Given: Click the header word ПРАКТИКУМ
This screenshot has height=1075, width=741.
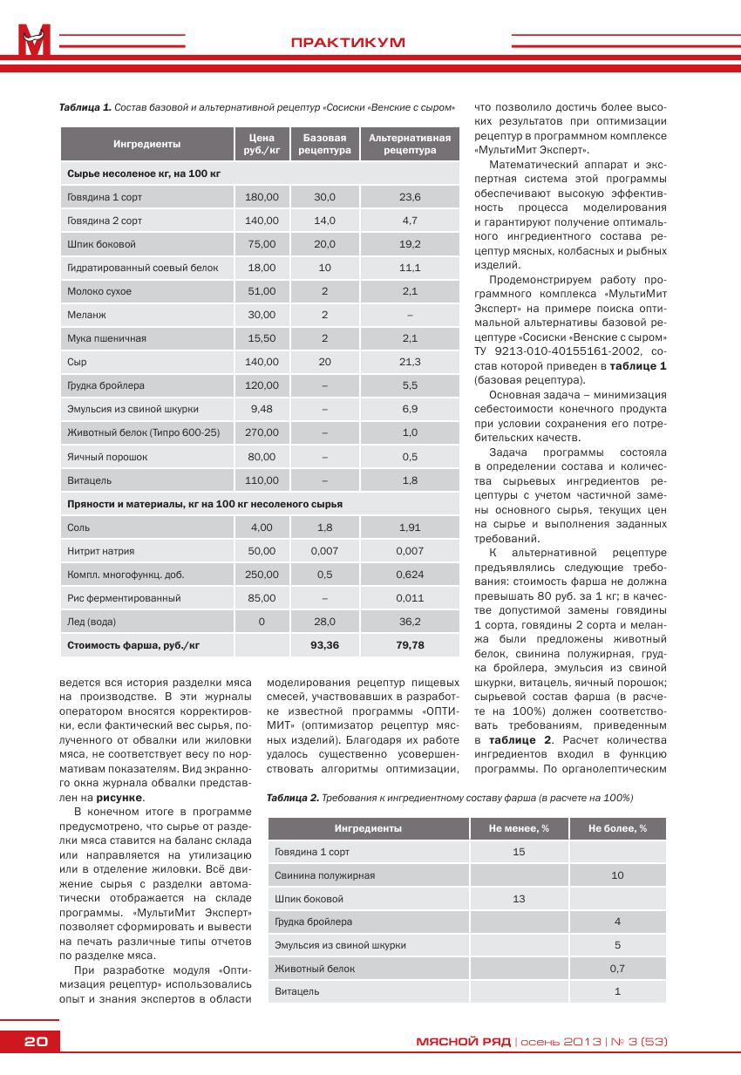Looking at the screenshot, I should pos(348,43).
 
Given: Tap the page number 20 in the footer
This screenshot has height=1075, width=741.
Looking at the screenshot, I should pos(36,1042).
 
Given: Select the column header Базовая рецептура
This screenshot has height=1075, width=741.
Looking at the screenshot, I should pos(324,144).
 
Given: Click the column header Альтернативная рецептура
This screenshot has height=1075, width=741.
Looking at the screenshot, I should pos(410,144).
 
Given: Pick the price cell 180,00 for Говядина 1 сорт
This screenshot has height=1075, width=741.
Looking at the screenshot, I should pos(262,197).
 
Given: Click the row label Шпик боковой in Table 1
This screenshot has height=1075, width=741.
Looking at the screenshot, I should pos(101,244).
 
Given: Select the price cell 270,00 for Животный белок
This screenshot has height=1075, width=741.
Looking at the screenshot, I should pos(262,432).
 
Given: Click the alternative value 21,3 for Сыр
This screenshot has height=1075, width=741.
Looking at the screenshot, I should pos(410,362).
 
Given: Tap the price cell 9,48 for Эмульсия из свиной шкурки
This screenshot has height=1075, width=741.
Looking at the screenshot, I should pos(262,409).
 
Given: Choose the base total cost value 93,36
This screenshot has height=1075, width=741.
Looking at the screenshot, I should pos(324,645).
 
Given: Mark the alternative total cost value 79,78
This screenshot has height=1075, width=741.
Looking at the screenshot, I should pos(410,645).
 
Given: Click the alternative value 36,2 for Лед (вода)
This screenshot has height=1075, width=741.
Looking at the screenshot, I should pos(410,622).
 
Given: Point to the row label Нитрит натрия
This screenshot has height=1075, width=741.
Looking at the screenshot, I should pos(101,551).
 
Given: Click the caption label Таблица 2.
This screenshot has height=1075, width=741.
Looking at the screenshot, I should pos(292,799).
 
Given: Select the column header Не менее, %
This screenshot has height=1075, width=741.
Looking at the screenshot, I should pos(519,828).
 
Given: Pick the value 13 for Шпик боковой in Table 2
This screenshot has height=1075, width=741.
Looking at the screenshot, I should pos(519,899).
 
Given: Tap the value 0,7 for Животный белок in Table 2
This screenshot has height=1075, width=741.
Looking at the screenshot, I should pos(617,969).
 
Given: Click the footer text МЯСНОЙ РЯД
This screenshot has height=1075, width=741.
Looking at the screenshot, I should pos(463,1042).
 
